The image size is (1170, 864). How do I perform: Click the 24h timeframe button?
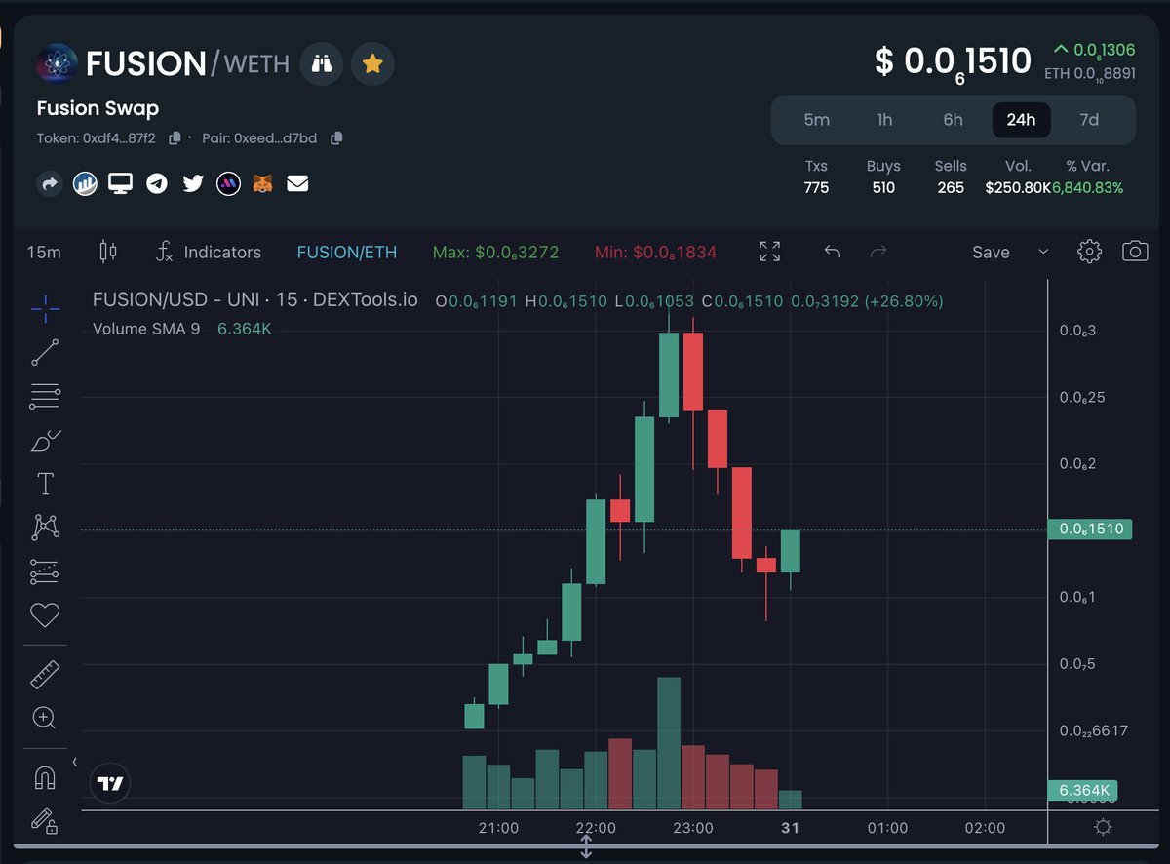point(1021,120)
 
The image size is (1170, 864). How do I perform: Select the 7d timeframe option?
point(1089,120)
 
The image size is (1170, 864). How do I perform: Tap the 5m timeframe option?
point(816,120)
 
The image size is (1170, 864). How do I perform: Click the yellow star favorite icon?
point(371,64)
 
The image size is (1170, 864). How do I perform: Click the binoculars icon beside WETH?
point(322,64)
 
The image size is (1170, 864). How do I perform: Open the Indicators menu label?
point(222,252)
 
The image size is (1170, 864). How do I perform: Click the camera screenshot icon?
point(1135,252)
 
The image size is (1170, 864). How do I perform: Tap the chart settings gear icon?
point(1089,252)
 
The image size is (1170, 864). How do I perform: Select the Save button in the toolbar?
point(991,252)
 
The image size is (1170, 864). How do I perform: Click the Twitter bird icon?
point(193,182)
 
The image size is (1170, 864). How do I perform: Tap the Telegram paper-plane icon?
point(157,182)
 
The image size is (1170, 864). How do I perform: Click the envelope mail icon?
point(297,182)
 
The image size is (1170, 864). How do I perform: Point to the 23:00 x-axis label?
point(692,828)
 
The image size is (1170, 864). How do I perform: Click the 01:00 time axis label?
point(887,828)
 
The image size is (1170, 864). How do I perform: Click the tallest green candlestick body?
point(668,375)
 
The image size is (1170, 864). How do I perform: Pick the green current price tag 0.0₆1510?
point(1089,530)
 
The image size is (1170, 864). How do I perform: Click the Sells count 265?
point(950,187)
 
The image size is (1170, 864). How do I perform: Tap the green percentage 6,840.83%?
point(1088,187)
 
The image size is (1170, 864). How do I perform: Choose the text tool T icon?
point(45,484)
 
